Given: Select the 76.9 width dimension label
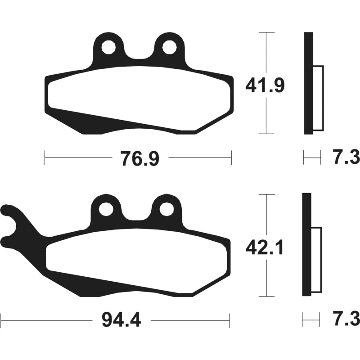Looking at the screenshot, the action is tap(140, 158).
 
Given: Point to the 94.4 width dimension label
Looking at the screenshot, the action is tap(121, 320).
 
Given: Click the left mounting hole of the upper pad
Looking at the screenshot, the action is tap(108, 48).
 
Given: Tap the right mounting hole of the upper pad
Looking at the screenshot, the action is tap(169, 48).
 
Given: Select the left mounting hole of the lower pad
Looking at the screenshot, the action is tap(106, 209).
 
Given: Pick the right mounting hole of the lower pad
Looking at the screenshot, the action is tap(166, 209).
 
